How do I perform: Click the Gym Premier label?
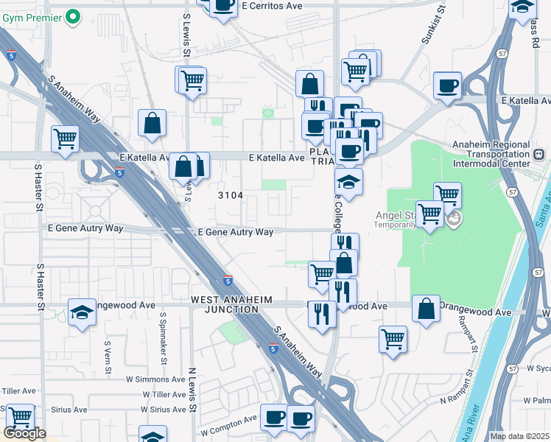coord(31,16)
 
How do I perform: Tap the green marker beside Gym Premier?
coord(73,16)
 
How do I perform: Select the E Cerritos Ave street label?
coord(272,5)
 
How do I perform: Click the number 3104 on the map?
coord(231,195)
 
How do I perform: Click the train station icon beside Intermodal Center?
coord(538,155)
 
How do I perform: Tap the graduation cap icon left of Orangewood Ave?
coord(82,312)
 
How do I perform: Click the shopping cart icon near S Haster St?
coord(65,138)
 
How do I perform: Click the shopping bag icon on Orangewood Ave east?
coord(426,309)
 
